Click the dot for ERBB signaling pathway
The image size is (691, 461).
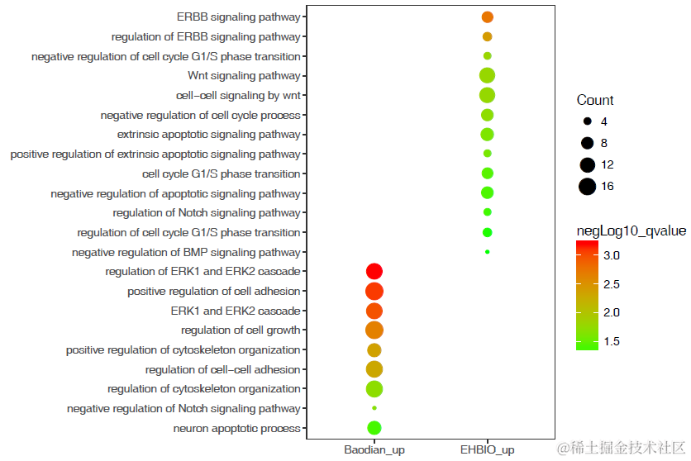(487, 17)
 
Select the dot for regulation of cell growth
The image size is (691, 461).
(374, 330)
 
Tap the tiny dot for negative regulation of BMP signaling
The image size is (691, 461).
(488, 252)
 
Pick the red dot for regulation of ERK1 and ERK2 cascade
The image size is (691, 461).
(374, 271)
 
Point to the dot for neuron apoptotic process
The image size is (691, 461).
(374, 428)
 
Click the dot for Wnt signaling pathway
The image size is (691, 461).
(487, 75)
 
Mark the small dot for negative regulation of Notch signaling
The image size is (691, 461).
(374, 408)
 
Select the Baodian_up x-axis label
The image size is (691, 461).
(374, 449)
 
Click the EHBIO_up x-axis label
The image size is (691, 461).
(487, 449)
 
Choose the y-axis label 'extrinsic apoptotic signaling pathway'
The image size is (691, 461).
(209, 135)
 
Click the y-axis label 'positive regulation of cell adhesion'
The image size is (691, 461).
(214, 292)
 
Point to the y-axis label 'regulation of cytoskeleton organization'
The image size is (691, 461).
(204, 389)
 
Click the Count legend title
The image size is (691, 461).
(595, 101)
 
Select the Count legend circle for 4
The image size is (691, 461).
(587, 121)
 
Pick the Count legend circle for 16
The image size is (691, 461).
(587, 187)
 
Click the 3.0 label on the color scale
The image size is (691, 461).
(612, 256)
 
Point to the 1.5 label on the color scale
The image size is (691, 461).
(612, 341)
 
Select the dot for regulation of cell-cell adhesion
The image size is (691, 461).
(374, 369)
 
